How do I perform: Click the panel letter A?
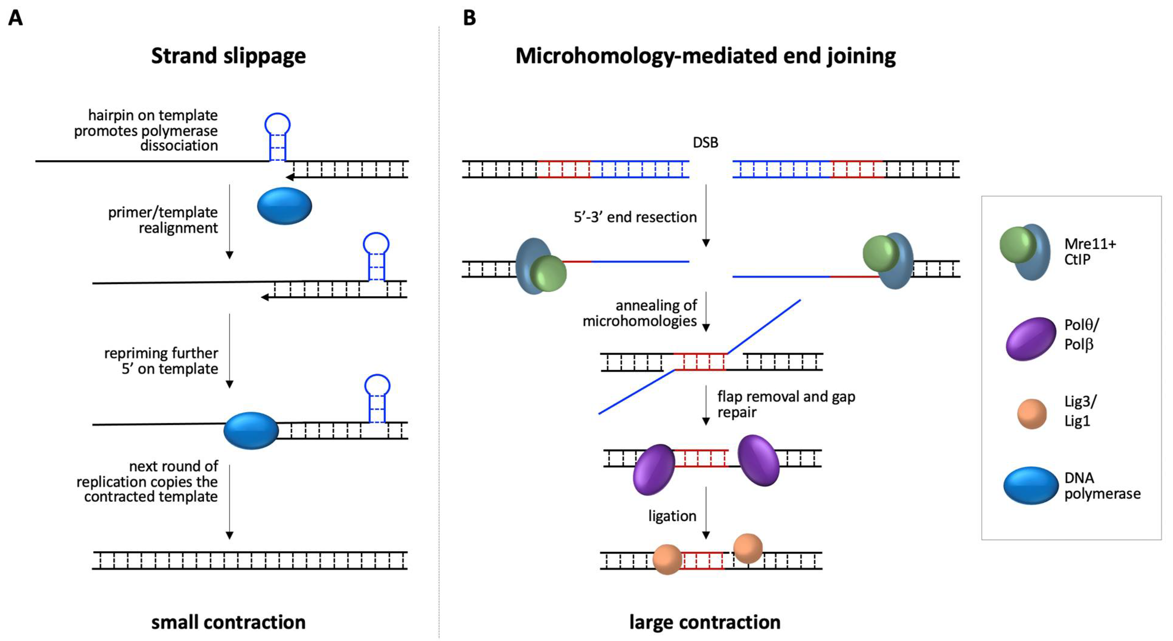point(15,18)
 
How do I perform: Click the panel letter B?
point(470,18)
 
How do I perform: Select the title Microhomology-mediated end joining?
point(705,56)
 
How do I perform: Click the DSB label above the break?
point(705,143)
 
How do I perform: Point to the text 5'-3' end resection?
point(635,217)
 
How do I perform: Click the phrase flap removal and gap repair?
point(786,404)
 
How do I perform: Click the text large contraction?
point(705,622)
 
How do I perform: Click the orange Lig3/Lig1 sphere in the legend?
point(1032,414)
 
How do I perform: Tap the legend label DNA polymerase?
point(1102,486)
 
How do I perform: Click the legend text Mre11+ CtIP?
point(1089,251)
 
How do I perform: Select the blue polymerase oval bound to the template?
point(251,431)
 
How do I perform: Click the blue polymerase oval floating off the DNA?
point(284,206)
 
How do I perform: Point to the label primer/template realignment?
point(163,220)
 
